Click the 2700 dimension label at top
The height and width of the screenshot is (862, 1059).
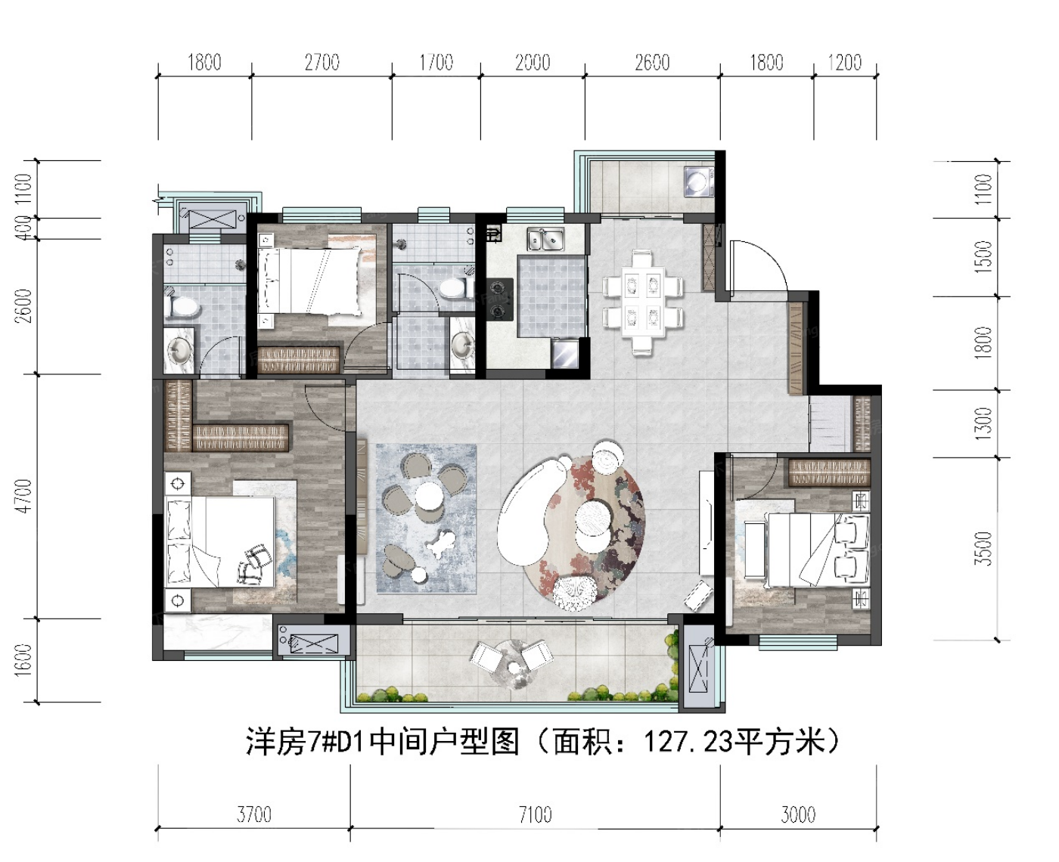(322, 63)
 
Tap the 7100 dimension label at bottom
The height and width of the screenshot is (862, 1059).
(535, 815)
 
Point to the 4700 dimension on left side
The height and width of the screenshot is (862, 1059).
(23, 495)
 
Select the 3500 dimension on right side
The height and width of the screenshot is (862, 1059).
(983, 548)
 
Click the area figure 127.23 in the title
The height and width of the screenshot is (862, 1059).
(688, 743)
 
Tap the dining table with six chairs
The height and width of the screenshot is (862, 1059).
(642, 303)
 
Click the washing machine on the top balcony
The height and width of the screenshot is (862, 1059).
(699, 181)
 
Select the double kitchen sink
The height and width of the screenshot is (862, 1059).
(545, 240)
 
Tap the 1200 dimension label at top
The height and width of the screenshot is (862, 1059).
(844, 63)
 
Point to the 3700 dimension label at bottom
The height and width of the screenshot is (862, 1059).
(253, 815)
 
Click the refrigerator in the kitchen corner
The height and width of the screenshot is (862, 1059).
(566, 353)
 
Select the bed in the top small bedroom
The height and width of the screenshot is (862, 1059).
(309, 281)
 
